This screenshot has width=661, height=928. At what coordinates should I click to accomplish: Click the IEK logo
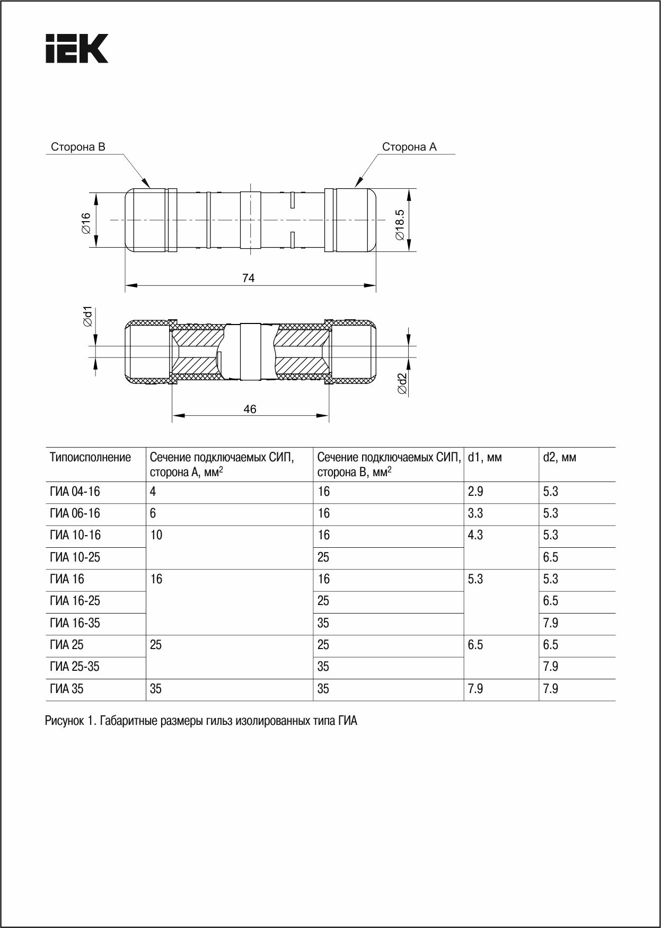(x=76, y=49)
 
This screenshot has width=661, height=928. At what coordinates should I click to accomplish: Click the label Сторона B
(x=78, y=147)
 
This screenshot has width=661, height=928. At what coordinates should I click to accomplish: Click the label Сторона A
(x=409, y=147)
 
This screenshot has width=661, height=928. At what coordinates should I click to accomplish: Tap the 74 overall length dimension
(x=248, y=278)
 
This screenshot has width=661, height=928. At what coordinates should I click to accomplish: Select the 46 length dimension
(x=250, y=409)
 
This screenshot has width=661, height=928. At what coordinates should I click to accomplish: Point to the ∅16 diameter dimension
(x=85, y=222)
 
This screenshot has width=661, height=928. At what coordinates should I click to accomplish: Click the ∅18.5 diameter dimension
(x=400, y=224)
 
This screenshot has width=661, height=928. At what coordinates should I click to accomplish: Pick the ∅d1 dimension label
(x=88, y=317)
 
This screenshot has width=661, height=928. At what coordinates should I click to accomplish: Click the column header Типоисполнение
(x=90, y=457)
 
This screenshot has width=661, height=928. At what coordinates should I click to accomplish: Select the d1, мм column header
(x=484, y=457)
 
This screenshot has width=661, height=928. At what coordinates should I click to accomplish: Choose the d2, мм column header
(x=559, y=457)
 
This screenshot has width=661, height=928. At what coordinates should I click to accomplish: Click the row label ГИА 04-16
(x=75, y=492)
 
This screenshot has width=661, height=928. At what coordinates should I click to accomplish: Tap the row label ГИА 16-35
(x=75, y=623)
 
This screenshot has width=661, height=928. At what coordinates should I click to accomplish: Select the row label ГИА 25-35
(x=75, y=667)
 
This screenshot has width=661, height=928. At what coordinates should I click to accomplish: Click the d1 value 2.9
(x=475, y=492)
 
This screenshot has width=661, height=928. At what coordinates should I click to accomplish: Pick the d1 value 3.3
(x=475, y=513)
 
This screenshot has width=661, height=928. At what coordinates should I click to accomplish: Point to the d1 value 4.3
(x=475, y=535)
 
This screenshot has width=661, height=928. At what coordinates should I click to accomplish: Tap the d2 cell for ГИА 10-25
(x=551, y=557)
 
